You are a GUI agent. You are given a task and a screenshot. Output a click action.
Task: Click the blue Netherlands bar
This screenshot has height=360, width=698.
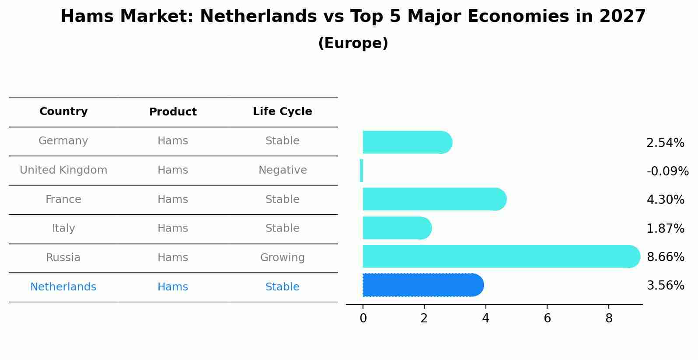[x=422, y=285]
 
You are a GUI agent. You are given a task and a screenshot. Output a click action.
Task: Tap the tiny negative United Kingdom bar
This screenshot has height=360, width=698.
[x=361, y=171]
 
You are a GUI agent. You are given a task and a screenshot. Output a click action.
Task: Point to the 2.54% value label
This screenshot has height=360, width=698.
[x=665, y=143]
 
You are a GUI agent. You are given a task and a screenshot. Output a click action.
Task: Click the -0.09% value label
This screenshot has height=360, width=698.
[x=667, y=171]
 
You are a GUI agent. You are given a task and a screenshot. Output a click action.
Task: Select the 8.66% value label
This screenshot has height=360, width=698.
[x=665, y=257]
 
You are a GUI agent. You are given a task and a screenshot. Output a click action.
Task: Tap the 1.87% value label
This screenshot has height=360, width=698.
[x=665, y=228]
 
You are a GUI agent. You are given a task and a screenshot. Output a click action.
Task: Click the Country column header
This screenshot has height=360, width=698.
[x=63, y=112]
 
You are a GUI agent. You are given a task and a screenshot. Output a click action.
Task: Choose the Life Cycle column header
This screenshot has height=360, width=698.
[x=282, y=112]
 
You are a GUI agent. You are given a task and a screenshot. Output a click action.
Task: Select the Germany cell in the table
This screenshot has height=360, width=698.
[x=63, y=141]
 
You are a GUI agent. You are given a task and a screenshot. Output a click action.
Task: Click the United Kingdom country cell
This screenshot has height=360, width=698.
[x=63, y=170]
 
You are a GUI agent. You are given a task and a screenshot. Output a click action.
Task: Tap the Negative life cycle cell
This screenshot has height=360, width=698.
[x=282, y=170]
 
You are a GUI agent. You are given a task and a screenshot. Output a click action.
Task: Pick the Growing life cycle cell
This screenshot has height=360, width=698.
[x=282, y=258]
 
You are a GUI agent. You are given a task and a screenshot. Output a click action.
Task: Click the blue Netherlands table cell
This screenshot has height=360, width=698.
[x=63, y=287]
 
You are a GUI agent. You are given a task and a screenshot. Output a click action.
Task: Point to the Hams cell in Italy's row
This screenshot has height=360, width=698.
[x=173, y=228]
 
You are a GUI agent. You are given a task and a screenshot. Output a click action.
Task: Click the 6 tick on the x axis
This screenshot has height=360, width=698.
[x=547, y=318]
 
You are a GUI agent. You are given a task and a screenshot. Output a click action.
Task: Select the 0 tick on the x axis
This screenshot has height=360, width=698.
[x=363, y=318]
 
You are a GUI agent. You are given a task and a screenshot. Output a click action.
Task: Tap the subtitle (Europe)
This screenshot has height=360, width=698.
[x=353, y=43]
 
